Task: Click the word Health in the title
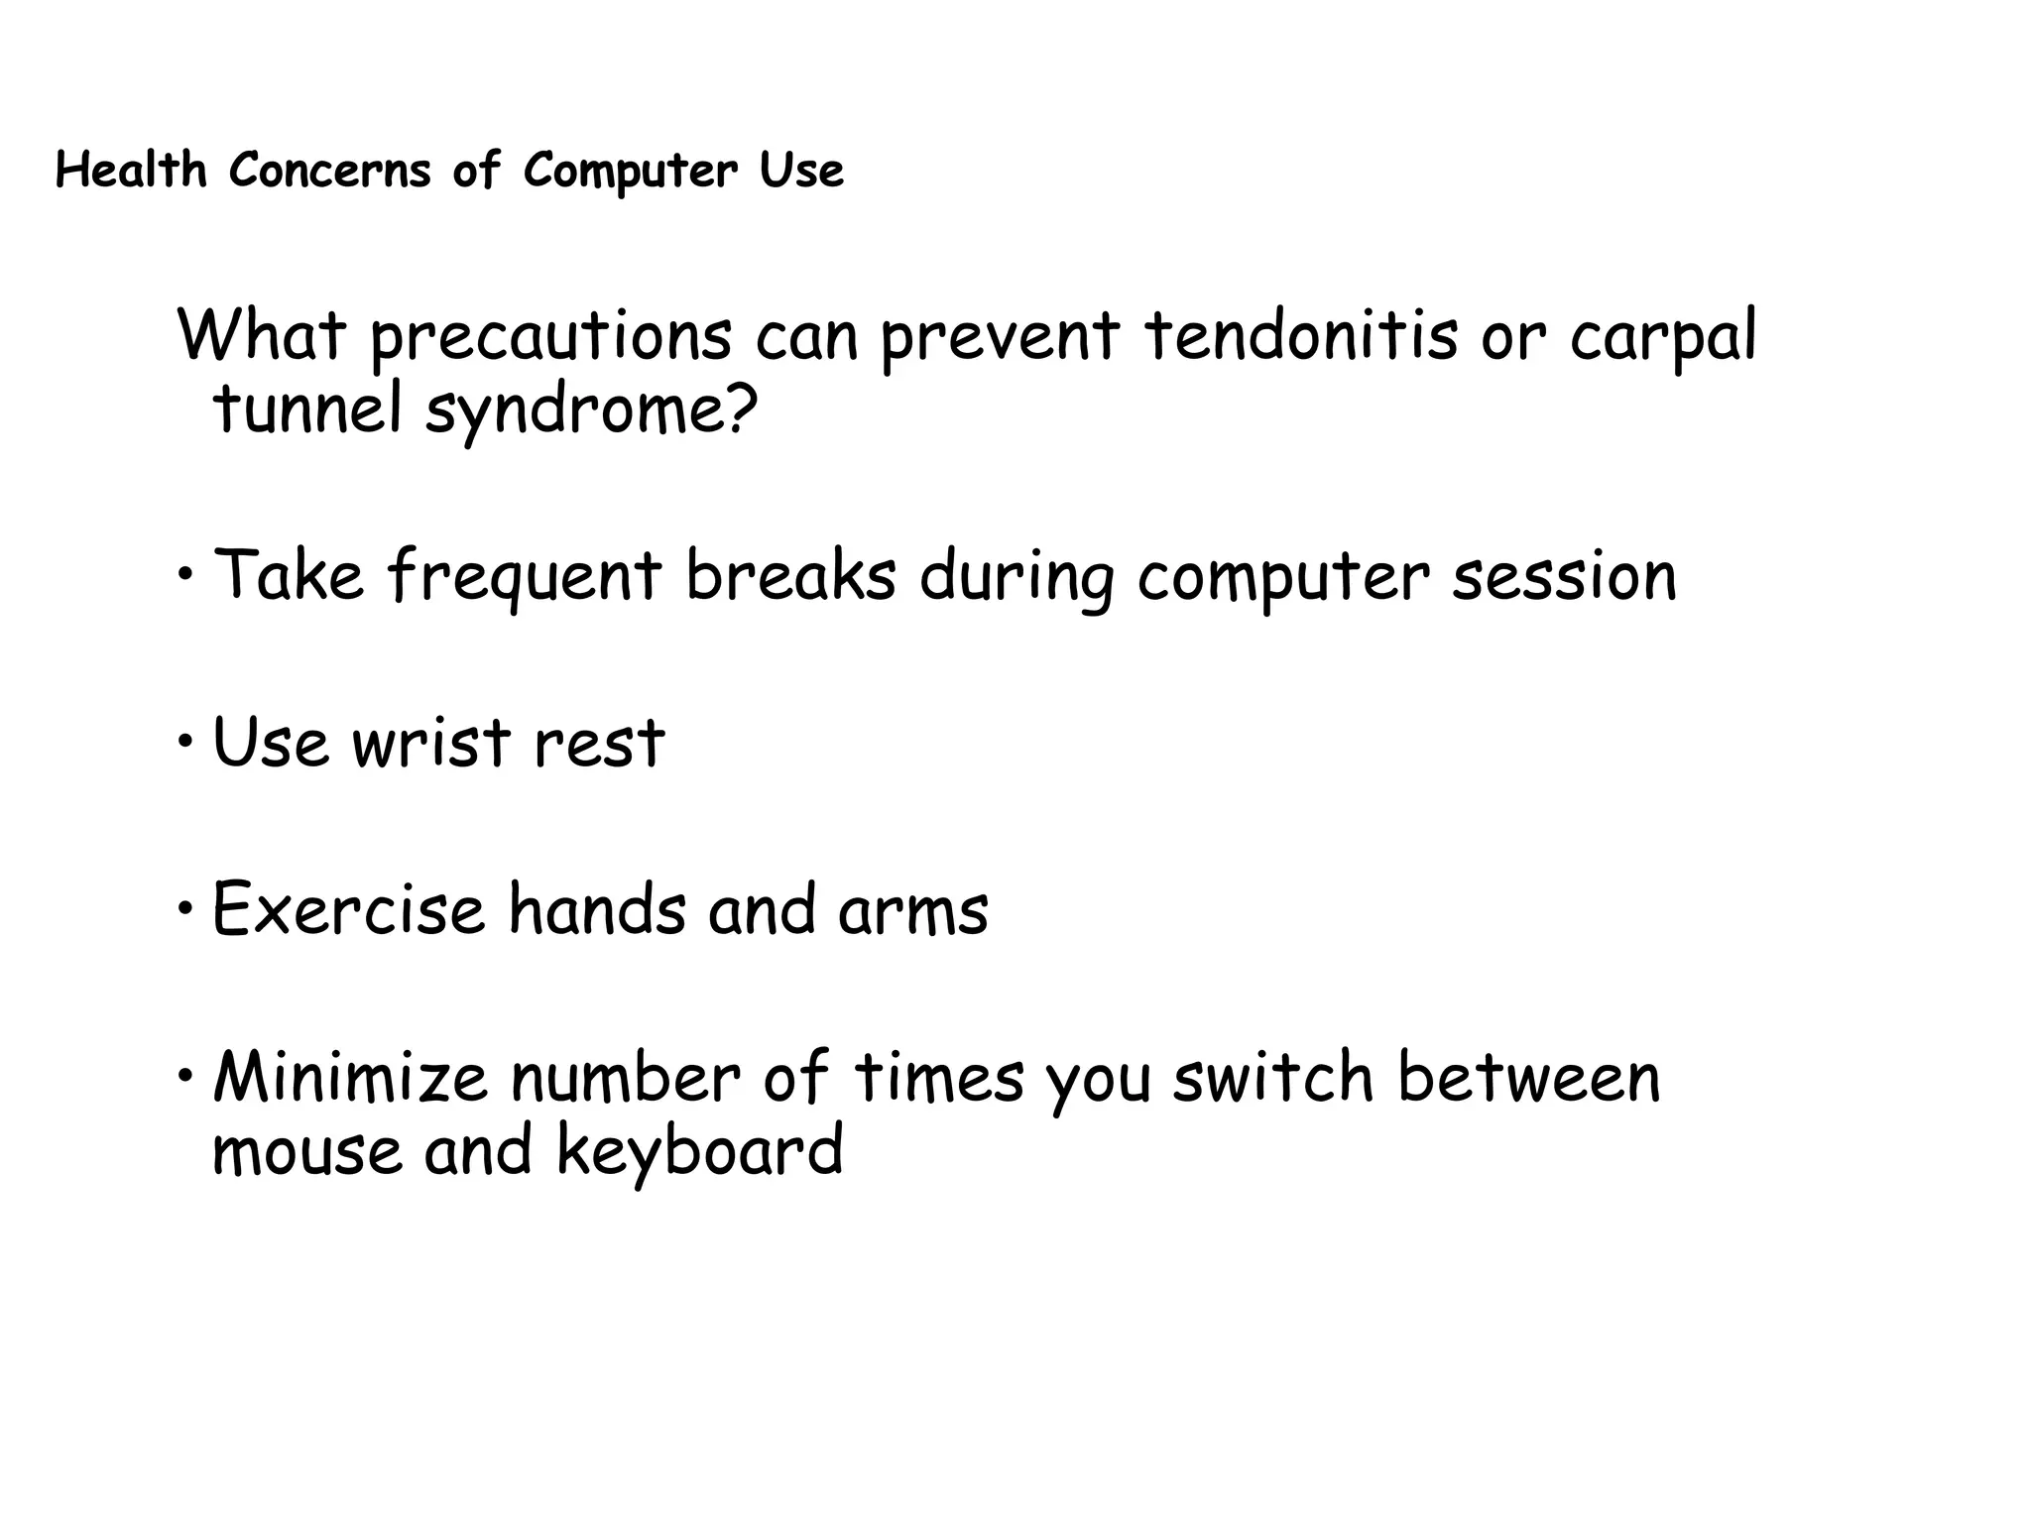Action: pyautogui.click(x=130, y=170)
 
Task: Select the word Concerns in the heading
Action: pyautogui.click(x=330, y=170)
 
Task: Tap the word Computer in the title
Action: pyautogui.click(x=631, y=171)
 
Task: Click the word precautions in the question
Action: pyautogui.click(x=550, y=337)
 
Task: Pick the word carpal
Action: pyautogui.click(x=1663, y=337)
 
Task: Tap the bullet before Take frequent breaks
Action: pyautogui.click(x=186, y=574)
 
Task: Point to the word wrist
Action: pyautogui.click(x=431, y=743)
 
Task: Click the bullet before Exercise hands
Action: pyautogui.click(x=186, y=907)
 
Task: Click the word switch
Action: pyautogui.click(x=1272, y=1077)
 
